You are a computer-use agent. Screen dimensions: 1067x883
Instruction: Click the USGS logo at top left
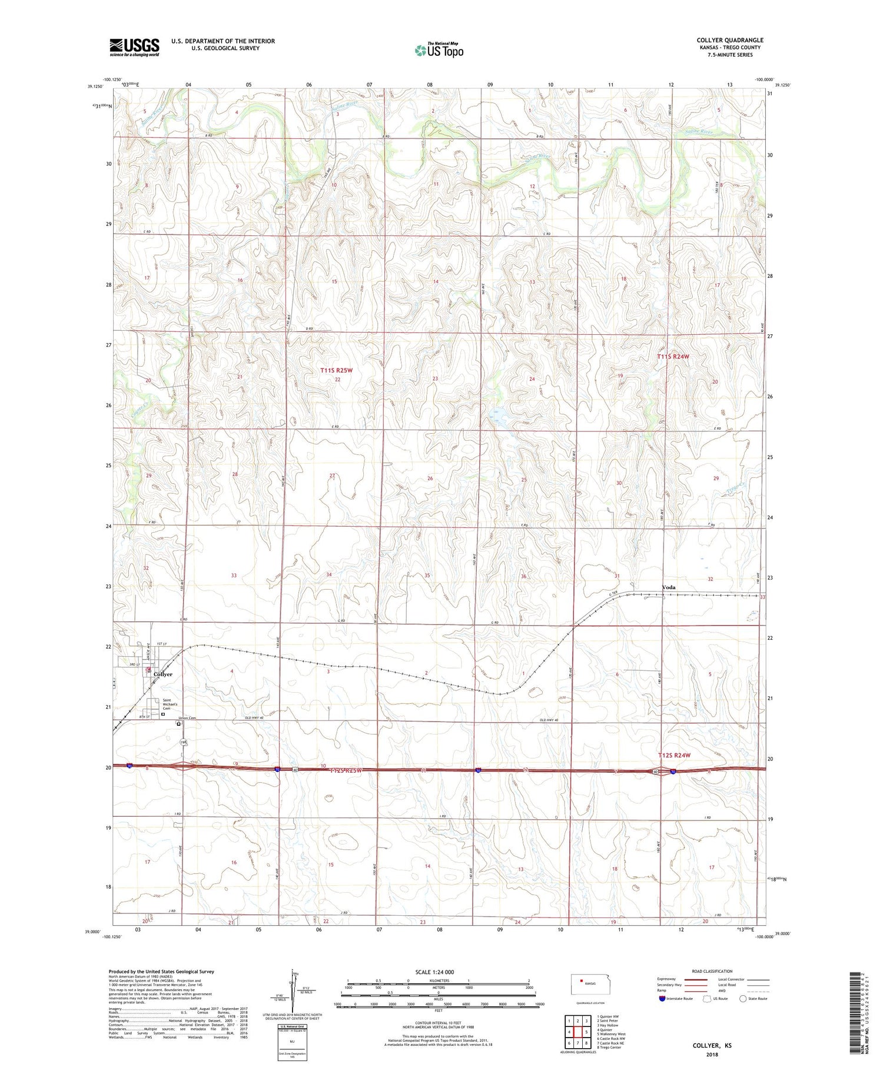pos(134,47)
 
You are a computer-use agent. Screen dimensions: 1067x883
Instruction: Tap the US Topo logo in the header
pos(439,51)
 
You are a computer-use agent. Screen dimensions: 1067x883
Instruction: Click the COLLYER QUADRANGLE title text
pos(729,40)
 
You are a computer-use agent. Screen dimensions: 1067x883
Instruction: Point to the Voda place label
pos(668,587)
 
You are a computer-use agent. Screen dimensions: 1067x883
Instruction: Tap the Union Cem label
pos(186,719)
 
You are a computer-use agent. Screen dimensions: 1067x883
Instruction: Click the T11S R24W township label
pos(672,357)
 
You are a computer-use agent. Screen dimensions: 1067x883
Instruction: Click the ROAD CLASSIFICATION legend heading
pos(712,971)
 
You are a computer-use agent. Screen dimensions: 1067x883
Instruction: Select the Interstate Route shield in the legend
pos(662,999)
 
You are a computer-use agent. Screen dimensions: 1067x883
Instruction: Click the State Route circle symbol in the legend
pos(743,998)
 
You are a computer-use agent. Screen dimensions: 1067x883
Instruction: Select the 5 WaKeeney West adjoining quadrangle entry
pos(611,1033)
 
